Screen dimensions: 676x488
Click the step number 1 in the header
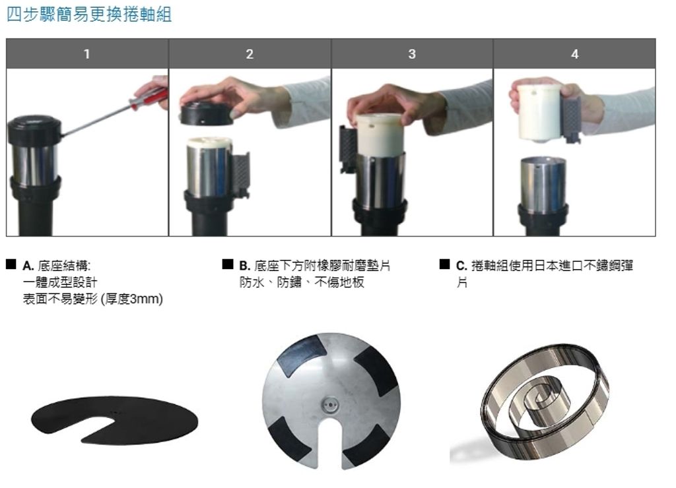(x=86, y=54)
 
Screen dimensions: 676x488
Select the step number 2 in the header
(x=250, y=54)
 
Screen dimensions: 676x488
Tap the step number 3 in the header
(x=412, y=54)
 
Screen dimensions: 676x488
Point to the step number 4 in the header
(x=575, y=54)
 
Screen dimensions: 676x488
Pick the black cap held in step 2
(x=206, y=115)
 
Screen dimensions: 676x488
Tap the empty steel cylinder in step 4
(x=543, y=185)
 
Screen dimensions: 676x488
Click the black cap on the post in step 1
(x=34, y=129)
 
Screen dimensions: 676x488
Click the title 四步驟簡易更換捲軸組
(x=89, y=15)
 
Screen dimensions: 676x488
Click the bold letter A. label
(x=28, y=266)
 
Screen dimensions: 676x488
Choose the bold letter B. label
(x=244, y=266)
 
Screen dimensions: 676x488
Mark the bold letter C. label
(x=461, y=266)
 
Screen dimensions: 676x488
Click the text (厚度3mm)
(x=131, y=299)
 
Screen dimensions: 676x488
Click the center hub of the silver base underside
(x=331, y=405)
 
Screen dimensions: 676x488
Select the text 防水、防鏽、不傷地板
(x=302, y=282)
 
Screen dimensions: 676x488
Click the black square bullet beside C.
(x=444, y=264)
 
